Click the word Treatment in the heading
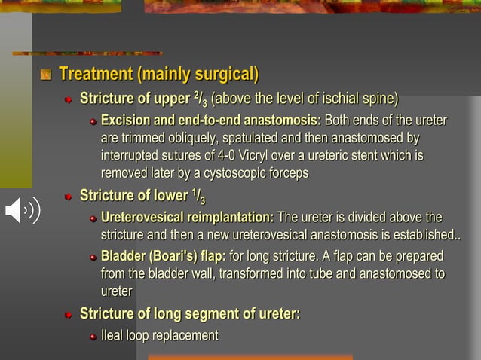click(x=97, y=75)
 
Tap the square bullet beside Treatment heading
click(x=45, y=75)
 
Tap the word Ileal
click(x=115, y=335)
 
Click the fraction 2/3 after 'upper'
click(x=200, y=99)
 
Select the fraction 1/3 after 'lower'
click(x=198, y=197)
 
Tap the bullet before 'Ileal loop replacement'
click(x=93, y=336)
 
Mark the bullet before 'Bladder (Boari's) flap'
click(x=93, y=256)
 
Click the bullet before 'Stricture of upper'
click(x=68, y=99)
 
